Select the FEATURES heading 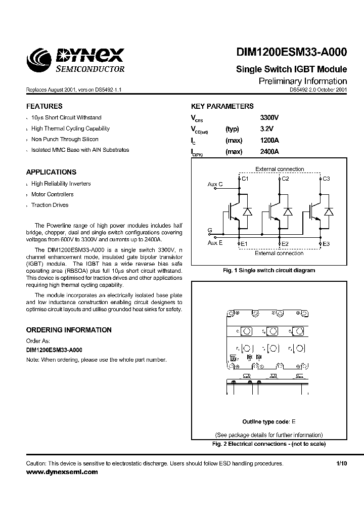[44, 106]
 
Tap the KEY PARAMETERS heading [222, 106]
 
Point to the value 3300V [269, 117]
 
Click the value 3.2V [266, 129]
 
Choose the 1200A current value [269, 141]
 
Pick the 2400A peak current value [269, 152]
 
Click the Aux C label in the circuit [215, 185]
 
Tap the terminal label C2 [285, 179]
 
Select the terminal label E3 [326, 244]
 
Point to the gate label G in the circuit [209, 230]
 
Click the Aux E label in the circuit [215, 243]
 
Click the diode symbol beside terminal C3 [329, 211]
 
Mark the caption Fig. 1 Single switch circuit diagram [269, 270]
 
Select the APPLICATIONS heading [51, 172]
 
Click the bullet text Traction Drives [50, 205]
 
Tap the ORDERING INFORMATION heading [69, 330]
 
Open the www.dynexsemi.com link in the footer [62, 472]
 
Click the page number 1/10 [342, 463]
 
